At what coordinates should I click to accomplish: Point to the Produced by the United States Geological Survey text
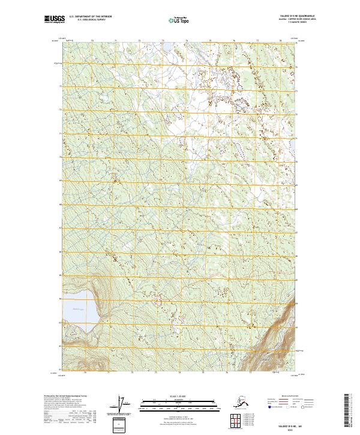(66, 397)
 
